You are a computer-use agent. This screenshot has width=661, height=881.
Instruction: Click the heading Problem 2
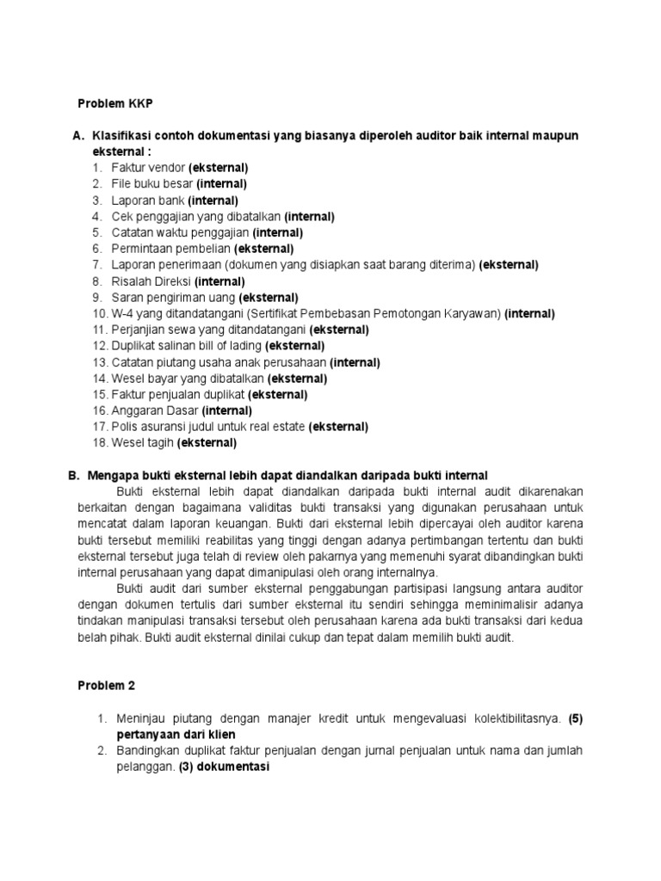[107, 686]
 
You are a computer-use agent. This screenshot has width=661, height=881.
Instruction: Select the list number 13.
[99, 362]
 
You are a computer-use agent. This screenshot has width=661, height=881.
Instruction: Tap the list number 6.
[98, 249]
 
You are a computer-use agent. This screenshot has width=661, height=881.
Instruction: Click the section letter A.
[77, 137]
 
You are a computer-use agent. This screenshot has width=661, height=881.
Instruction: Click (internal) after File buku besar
[221, 184]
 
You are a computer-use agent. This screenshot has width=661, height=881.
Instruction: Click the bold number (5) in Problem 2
[575, 718]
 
